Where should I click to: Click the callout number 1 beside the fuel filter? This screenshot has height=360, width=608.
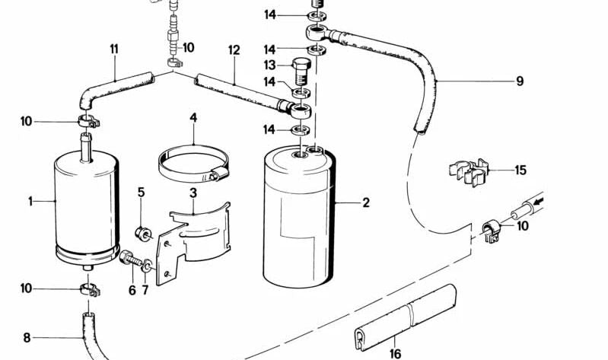point(30,202)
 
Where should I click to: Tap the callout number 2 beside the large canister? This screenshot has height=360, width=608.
point(366,202)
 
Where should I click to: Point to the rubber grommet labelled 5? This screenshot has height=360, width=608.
point(143,233)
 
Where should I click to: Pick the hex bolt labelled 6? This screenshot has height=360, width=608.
point(130,258)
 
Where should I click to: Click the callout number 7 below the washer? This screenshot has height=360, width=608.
point(145,290)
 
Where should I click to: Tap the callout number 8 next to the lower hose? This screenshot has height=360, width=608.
point(27,337)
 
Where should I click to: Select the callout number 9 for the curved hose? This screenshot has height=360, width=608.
point(520,81)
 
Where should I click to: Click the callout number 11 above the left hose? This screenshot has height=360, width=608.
point(114,49)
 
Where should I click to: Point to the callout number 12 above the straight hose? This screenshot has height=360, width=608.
point(234,50)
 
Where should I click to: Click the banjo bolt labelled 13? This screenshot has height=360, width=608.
point(300,72)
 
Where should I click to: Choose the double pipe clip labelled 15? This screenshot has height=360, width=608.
point(470,172)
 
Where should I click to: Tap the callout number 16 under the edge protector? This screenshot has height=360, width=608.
point(395,353)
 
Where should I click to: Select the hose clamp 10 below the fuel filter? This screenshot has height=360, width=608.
point(90,290)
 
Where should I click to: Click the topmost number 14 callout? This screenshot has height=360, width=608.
point(270,14)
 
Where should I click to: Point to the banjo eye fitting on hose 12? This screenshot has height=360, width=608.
point(300,110)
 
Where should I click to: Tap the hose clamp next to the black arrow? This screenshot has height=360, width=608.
point(492,231)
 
